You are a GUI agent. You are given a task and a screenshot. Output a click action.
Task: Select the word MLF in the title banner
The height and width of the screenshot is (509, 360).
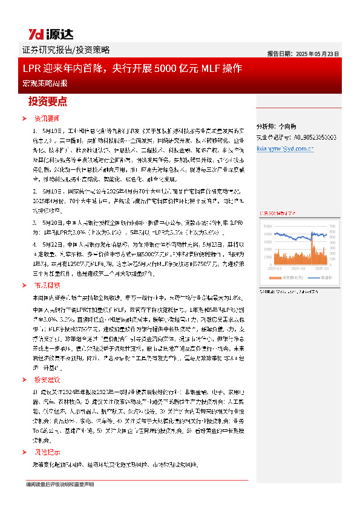point(218,68)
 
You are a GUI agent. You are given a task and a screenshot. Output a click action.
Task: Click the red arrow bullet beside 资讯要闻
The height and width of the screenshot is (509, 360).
point(24,118)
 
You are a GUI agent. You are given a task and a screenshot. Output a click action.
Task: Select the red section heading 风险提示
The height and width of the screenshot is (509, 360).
point(47,452)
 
